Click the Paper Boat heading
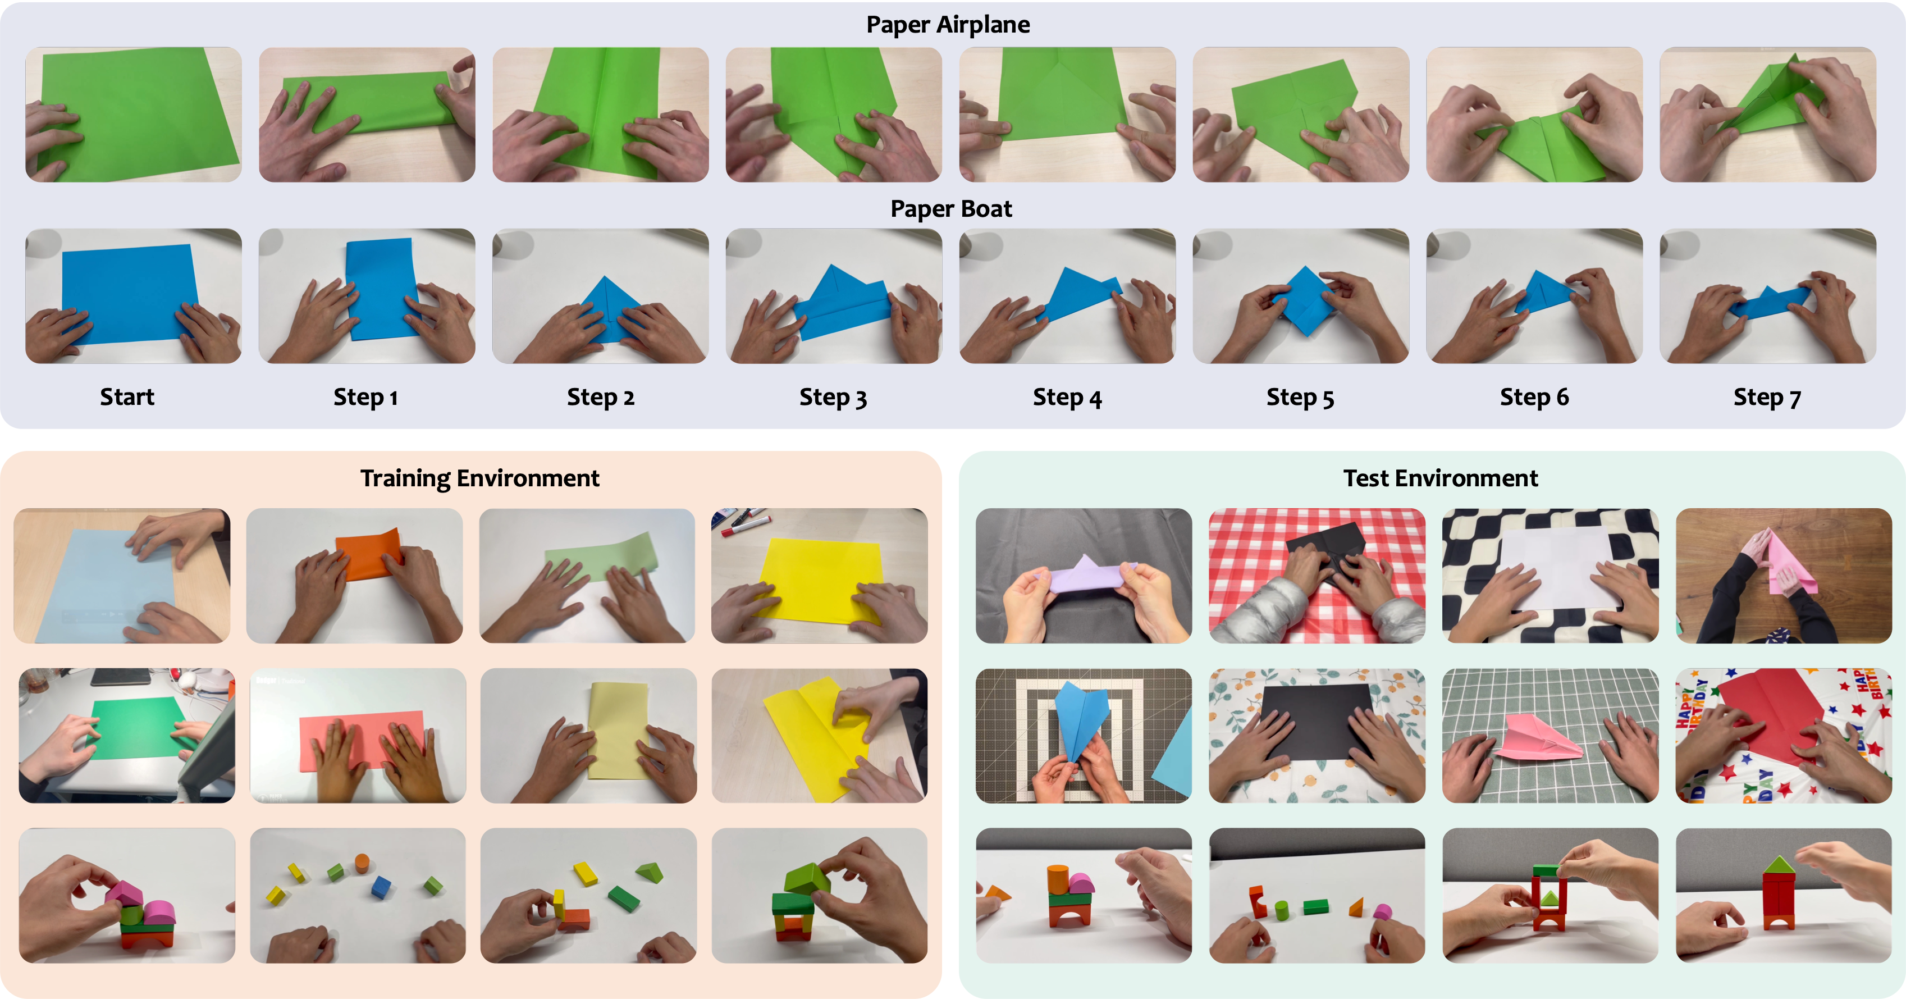[951, 209]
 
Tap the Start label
[127, 398]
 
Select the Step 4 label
[1067, 398]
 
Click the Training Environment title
[479, 478]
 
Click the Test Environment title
[1440, 478]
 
